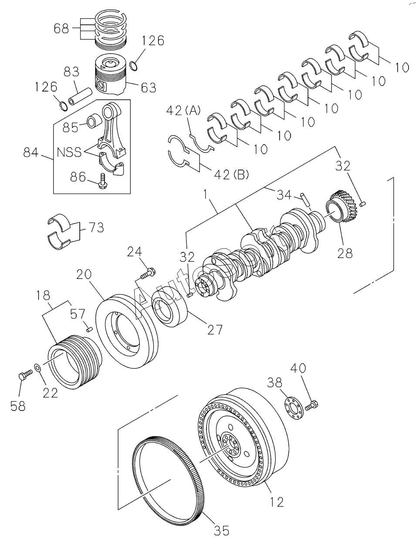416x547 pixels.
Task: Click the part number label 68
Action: point(61,29)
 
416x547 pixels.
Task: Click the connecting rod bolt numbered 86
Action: point(102,181)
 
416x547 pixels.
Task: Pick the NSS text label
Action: point(69,152)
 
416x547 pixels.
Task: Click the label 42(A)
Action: point(183,111)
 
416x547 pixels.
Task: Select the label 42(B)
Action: point(231,174)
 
